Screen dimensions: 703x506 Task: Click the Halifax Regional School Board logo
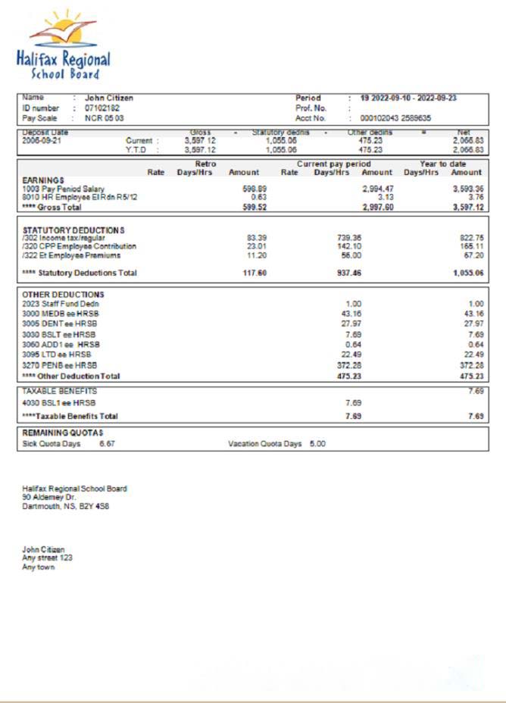click(64, 45)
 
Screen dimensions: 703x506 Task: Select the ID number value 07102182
click(102, 108)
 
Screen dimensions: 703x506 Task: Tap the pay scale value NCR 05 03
click(105, 118)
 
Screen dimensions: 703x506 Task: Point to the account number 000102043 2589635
click(395, 118)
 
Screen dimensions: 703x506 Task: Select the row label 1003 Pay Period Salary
click(64, 188)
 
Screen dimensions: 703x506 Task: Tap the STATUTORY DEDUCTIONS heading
click(73, 230)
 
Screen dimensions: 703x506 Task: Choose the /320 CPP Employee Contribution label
click(80, 246)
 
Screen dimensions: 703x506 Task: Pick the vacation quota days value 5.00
click(317, 444)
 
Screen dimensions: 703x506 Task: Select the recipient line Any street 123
click(47, 558)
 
